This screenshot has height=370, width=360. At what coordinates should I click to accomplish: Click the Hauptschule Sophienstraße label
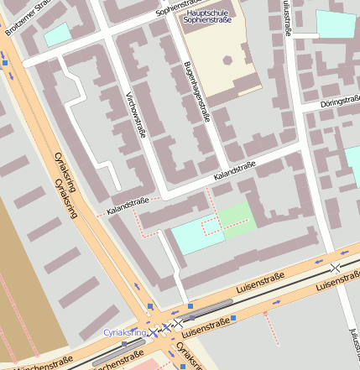click(x=206, y=16)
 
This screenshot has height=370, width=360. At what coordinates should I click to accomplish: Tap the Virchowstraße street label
click(x=134, y=114)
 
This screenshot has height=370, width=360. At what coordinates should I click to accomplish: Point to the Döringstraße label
click(x=340, y=103)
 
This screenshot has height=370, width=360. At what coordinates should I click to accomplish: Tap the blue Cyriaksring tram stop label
click(x=125, y=333)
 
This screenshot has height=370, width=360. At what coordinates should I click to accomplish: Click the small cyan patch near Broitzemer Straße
click(x=57, y=34)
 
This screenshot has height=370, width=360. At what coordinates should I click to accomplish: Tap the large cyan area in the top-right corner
click(x=336, y=23)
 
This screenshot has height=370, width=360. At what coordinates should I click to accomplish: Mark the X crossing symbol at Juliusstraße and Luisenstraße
click(x=336, y=267)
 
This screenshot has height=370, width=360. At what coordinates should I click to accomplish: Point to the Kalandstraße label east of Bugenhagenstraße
click(x=234, y=171)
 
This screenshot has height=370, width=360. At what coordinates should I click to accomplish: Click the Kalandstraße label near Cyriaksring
click(x=127, y=204)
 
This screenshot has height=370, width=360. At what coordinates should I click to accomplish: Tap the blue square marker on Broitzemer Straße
click(x=4, y=60)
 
